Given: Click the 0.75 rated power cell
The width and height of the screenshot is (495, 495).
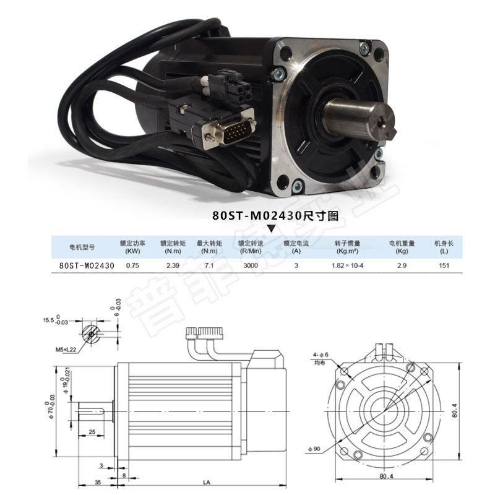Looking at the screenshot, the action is pyautogui.click(x=132, y=265).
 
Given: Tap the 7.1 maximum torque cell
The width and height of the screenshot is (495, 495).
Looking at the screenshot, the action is pyautogui.click(x=209, y=265).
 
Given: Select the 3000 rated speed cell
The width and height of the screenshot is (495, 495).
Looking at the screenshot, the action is pyautogui.click(x=251, y=265).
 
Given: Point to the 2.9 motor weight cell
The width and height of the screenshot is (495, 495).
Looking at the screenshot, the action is pyautogui.click(x=402, y=265).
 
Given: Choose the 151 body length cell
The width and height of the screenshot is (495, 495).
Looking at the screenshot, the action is pyautogui.click(x=444, y=265).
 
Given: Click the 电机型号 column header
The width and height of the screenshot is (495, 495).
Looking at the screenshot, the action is pyautogui.click(x=82, y=246).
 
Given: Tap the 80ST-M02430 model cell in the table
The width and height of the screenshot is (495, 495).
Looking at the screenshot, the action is pyautogui.click(x=87, y=265).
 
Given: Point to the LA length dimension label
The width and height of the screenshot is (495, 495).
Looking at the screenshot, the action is pyautogui.click(x=204, y=481).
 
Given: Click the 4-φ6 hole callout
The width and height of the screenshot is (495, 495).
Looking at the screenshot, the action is pyautogui.click(x=320, y=356).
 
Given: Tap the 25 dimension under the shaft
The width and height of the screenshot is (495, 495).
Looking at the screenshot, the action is pyautogui.click(x=92, y=431).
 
